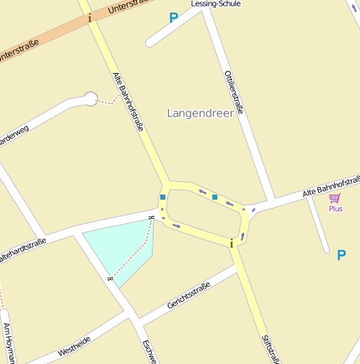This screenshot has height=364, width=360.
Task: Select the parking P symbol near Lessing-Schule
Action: (174, 18)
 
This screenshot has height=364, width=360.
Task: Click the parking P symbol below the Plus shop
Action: (342, 255)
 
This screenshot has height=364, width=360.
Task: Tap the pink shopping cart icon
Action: (335, 198)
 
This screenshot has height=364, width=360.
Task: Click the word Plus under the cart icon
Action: (335, 208)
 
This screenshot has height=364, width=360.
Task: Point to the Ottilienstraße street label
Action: (234, 91)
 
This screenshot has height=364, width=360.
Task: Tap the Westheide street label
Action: (76, 344)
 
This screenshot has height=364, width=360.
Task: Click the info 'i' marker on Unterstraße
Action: (90, 18)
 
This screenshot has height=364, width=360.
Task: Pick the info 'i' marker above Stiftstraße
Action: (231, 243)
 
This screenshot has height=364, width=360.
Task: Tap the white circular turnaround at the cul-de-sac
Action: (90, 100)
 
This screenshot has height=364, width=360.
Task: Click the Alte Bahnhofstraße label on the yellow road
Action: (128, 102)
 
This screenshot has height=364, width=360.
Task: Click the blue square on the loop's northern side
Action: (215, 197)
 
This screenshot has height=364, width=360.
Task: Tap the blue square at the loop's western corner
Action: (163, 198)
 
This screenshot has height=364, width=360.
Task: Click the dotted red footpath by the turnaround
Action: (107, 101)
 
